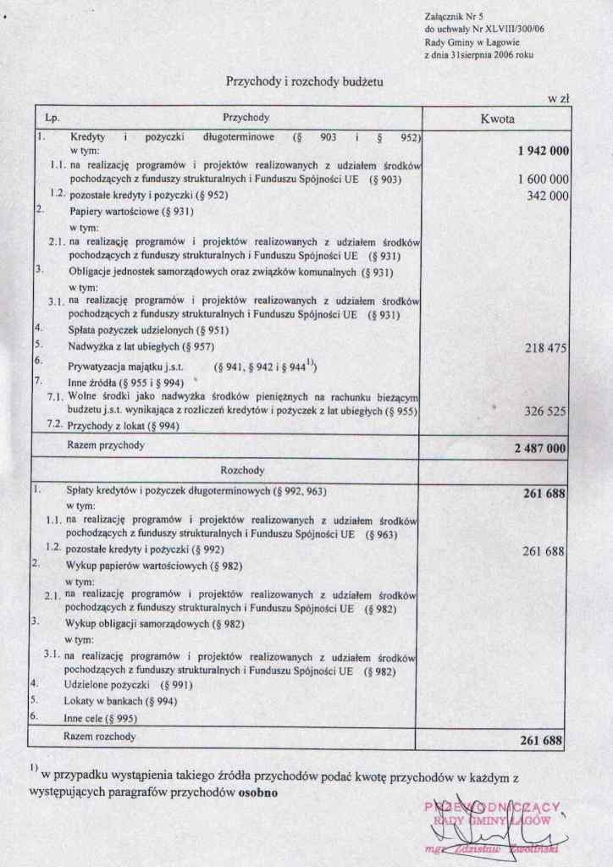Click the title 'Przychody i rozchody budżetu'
(305, 81)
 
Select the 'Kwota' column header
(497, 119)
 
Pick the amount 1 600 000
(542, 179)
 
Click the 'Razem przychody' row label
(106, 445)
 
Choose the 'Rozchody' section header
(242, 470)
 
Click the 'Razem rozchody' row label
(100, 737)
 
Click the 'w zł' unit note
(558, 99)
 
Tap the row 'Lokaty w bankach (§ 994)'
(119, 701)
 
